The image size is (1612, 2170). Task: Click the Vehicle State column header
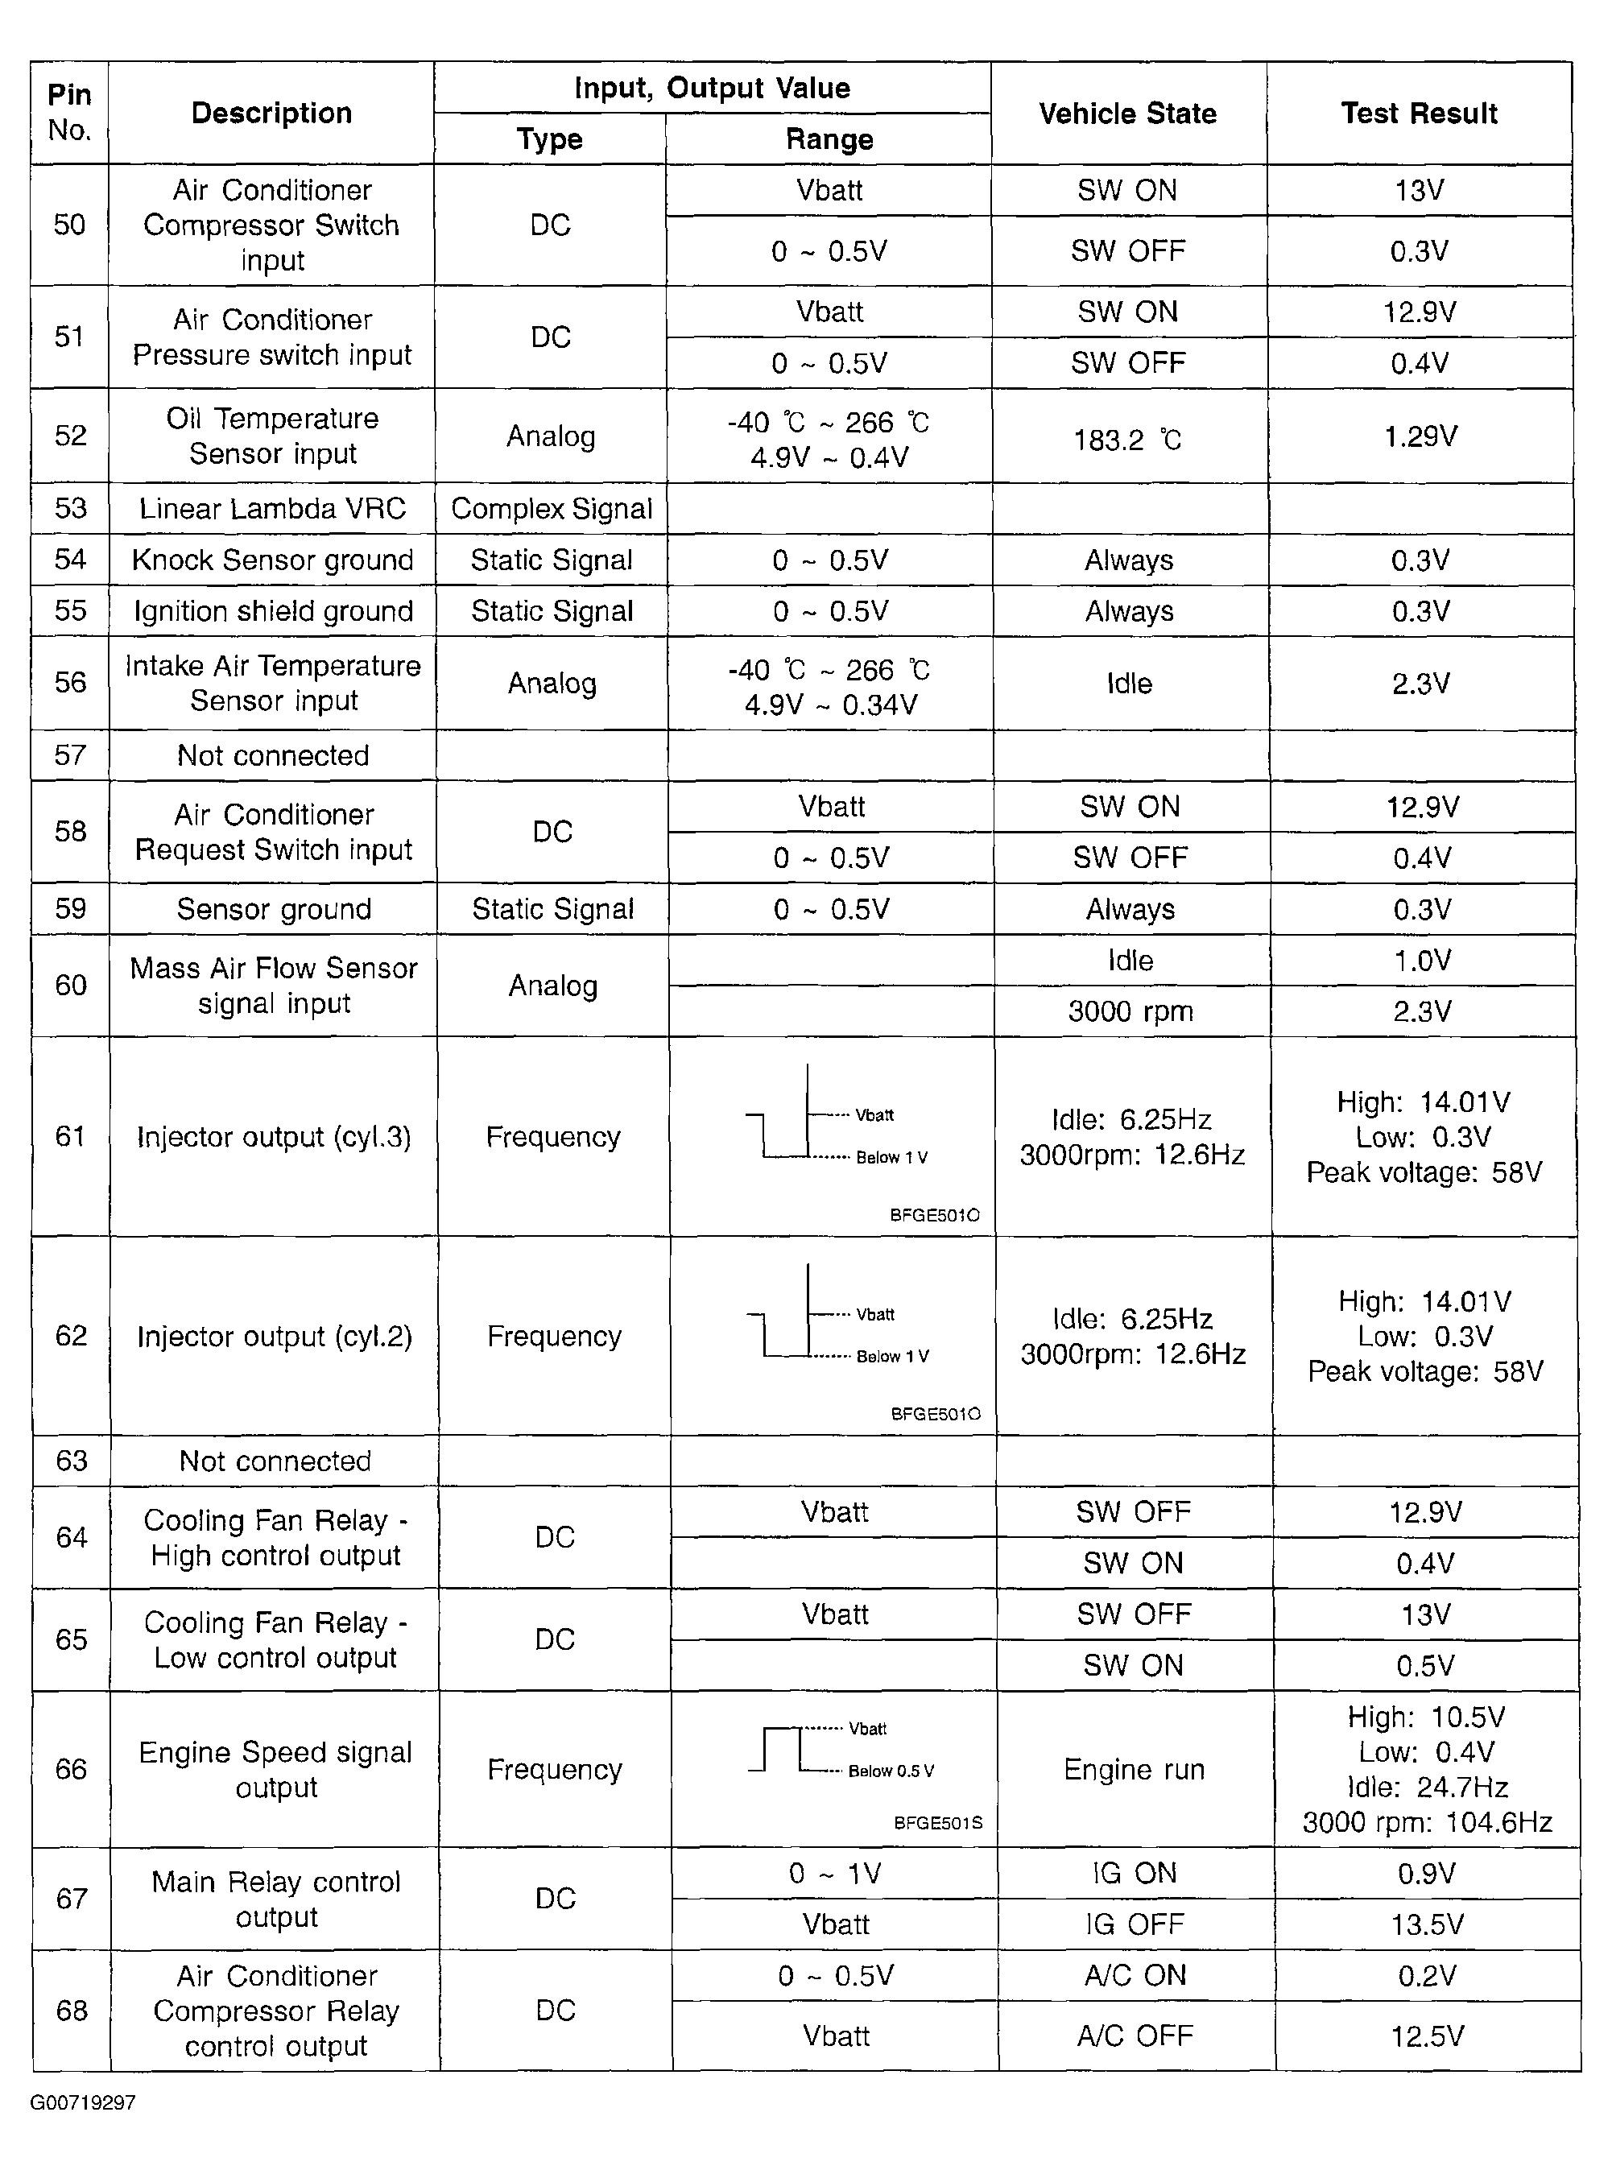click(1127, 114)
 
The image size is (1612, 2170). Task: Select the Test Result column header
click(1419, 114)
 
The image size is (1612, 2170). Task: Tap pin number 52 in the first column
click(70, 435)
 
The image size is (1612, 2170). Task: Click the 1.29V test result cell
click(1420, 436)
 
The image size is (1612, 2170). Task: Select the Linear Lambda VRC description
click(272, 508)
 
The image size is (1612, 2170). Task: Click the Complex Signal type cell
click(552, 508)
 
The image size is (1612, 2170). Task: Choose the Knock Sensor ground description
click(272, 560)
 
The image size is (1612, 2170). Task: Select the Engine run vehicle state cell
click(1134, 1769)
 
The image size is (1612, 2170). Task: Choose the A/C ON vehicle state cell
click(1135, 1975)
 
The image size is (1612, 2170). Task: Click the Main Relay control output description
click(276, 1898)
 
